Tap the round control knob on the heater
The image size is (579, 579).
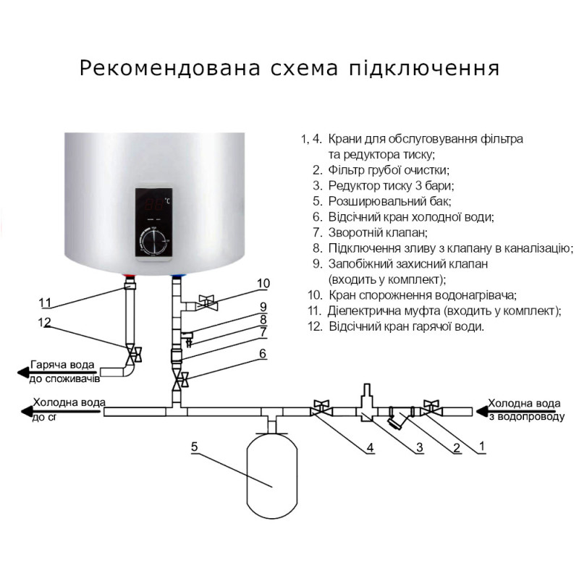tap(155, 240)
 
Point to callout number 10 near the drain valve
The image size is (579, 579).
tap(263, 282)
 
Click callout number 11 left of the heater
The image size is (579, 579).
tap(46, 302)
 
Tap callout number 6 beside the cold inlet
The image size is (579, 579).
tap(263, 353)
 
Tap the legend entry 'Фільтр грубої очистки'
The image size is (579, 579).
tap(389, 169)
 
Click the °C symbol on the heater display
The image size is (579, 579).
tap(167, 200)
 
